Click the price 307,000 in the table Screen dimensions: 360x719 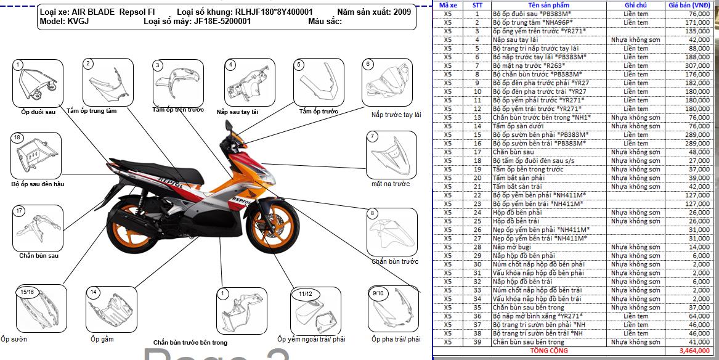click(x=698, y=65)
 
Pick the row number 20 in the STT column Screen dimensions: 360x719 click(x=477, y=178)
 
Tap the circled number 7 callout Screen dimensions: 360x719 click(x=372, y=136)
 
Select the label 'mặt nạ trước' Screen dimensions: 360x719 click(x=391, y=184)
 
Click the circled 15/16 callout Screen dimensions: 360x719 click(x=27, y=292)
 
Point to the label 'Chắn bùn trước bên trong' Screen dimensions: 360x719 click(x=190, y=342)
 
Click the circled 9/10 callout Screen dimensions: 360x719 click(x=378, y=293)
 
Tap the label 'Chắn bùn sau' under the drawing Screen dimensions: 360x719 click(x=39, y=255)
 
